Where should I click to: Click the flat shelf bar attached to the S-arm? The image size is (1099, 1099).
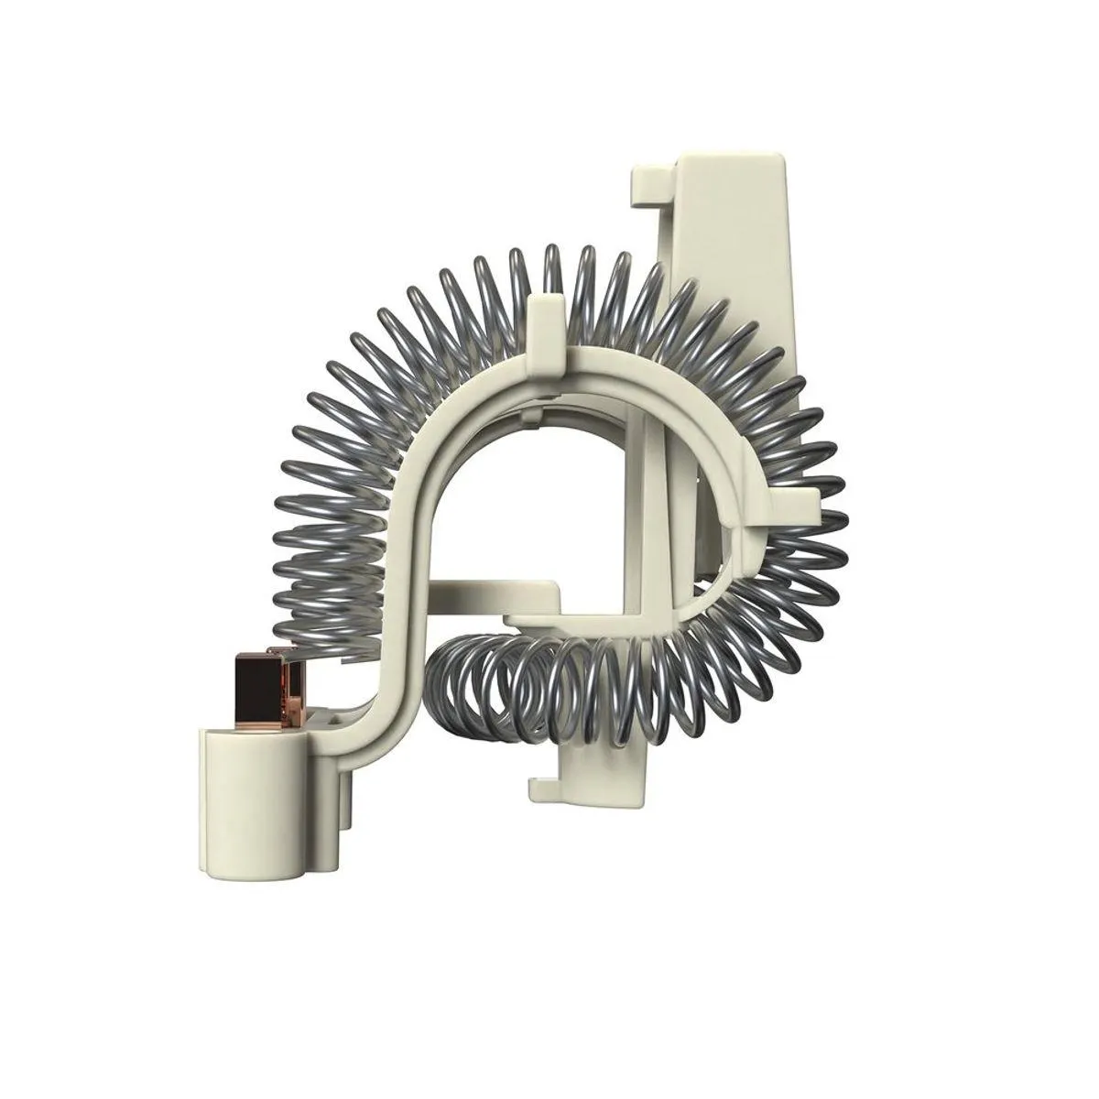pos(495,591)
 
